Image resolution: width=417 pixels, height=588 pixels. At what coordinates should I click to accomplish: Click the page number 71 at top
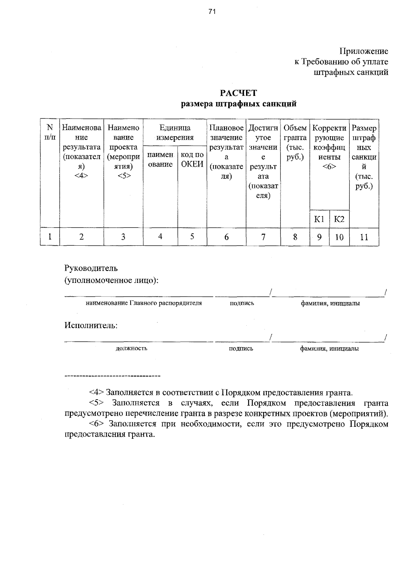212,12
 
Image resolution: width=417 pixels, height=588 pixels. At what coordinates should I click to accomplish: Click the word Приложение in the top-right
364,51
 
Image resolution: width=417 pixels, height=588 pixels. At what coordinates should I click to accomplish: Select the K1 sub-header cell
319,219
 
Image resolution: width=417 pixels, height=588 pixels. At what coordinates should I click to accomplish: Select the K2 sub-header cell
339,219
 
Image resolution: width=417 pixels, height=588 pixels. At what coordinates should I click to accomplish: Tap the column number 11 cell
364,237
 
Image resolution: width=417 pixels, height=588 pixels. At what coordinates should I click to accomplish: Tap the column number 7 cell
263,237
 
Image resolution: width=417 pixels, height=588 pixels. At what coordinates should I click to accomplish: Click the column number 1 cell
50,237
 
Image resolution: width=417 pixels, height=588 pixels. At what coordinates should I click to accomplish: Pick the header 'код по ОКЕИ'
192,160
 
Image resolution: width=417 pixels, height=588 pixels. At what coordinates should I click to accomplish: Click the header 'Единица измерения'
175,132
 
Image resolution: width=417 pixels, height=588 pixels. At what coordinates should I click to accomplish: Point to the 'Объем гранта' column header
295,142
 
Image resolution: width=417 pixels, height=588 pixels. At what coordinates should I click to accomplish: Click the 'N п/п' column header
50,132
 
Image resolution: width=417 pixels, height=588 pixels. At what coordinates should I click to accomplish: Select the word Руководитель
91,268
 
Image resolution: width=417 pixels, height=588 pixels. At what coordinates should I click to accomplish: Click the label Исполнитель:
91,326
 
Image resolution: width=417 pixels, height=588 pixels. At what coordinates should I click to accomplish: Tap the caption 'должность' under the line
131,348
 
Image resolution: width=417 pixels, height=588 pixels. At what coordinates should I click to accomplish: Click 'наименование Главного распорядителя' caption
144,303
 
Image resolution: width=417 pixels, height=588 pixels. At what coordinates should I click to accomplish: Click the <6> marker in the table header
329,166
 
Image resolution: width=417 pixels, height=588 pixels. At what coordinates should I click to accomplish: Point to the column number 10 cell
339,237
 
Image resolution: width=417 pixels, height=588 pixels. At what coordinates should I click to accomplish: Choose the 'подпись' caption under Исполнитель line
241,348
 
